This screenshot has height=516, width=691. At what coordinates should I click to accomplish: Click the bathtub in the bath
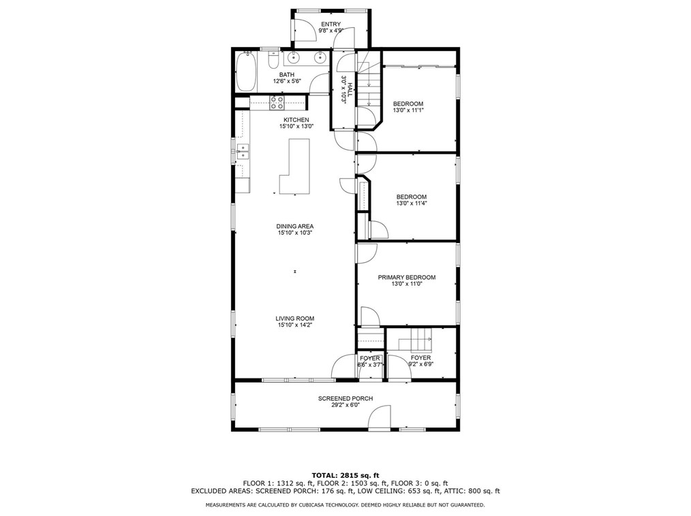pyautogui.click(x=246, y=71)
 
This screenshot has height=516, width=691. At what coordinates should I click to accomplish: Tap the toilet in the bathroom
pyautogui.click(x=273, y=61)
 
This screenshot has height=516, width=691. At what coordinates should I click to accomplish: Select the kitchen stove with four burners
pyautogui.click(x=277, y=103)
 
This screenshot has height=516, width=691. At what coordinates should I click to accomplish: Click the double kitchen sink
pyautogui.click(x=243, y=151)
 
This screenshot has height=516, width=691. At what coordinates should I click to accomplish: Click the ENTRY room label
pyautogui.click(x=331, y=25)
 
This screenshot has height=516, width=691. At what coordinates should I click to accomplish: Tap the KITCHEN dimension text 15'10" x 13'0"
pyautogui.click(x=296, y=127)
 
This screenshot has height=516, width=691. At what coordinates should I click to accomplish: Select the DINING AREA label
pyautogui.click(x=295, y=226)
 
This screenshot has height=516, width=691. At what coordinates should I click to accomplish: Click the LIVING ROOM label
pyautogui.click(x=295, y=319)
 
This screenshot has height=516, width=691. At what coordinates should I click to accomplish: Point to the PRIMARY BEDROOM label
pyautogui.click(x=407, y=277)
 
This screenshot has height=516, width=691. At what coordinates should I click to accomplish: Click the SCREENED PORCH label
pyautogui.click(x=345, y=398)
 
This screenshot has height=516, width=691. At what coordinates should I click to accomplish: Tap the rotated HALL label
pyautogui.click(x=350, y=90)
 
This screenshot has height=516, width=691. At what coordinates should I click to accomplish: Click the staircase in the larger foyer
pyautogui.click(x=415, y=340)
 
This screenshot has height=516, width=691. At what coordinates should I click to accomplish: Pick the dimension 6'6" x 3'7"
pyautogui.click(x=370, y=365)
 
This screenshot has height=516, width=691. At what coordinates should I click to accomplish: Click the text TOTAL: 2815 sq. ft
pyautogui.click(x=345, y=475)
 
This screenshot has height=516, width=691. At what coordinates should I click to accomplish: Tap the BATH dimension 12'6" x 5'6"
pyautogui.click(x=287, y=81)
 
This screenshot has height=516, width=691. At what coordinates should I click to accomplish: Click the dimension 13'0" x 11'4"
pyautogui.click(x=411, y=204)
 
